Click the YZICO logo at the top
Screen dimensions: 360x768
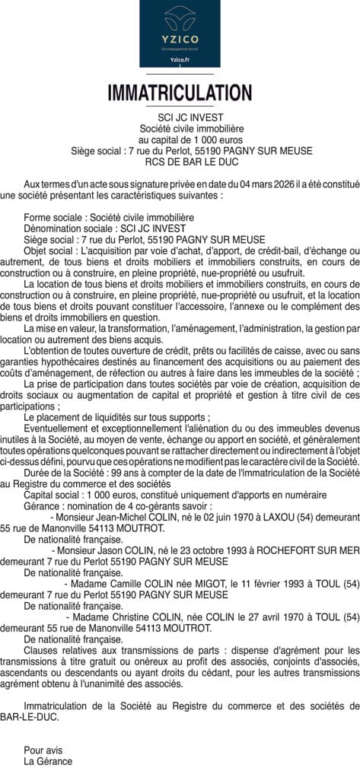[180, 33]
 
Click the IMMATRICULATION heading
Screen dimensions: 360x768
[180, 94]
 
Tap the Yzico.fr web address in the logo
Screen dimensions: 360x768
[180, 59]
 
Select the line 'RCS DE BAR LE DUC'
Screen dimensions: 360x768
[180, 162]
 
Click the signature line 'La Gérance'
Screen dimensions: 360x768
[48, 760]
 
